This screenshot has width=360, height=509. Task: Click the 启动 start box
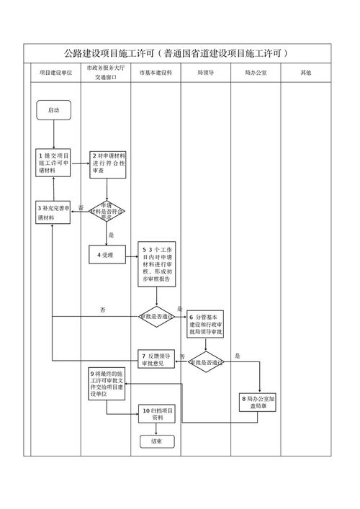[x=53, y=110]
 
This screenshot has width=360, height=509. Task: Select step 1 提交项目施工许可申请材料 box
[x=53, y=163]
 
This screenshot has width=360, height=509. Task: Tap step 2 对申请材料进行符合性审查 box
[x=108, y=163]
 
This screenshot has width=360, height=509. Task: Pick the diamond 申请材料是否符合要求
[x=107, y=211]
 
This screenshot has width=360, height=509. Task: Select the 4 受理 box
[x=107, y=253]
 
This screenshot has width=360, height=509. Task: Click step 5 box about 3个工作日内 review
[x=157, y=264]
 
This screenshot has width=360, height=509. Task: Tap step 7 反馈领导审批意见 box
[x=157, y=359]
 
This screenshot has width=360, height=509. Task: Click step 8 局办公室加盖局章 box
[x=259, y=402]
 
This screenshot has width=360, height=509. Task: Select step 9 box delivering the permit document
[x=107, y=384]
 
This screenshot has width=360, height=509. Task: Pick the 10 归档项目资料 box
[x=157, y=413]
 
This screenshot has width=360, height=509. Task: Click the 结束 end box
[x=157, y=441]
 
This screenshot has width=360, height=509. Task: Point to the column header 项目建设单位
[x=55, y=73]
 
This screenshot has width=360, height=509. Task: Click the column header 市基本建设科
[x=156, y=73]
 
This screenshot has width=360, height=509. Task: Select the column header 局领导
[x=206, y=73]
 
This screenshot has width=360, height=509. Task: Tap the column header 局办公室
[x=256, y=73]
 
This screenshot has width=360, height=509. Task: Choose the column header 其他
[x=306, y=73]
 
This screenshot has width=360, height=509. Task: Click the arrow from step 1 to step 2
[x=80, y=163]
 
